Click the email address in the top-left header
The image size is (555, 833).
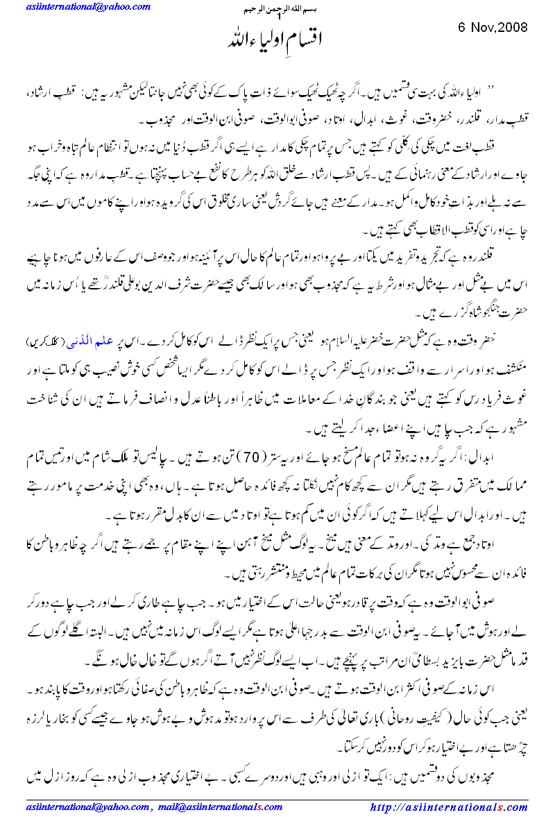point(88,7)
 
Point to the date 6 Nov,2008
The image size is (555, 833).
point(493,28)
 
